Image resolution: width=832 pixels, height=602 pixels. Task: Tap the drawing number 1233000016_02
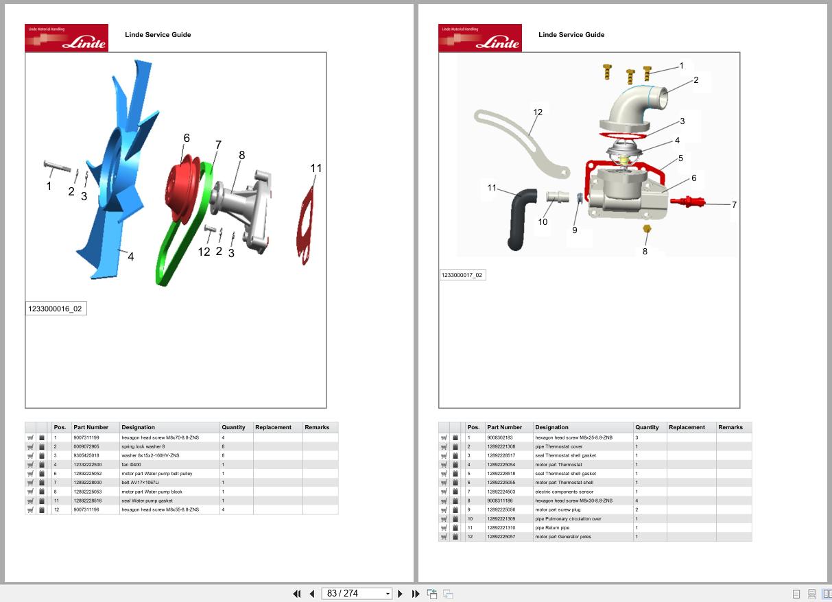[56, 309]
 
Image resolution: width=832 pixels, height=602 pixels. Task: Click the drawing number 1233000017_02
[462, 275]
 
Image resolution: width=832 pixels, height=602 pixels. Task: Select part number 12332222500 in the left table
[87, 465]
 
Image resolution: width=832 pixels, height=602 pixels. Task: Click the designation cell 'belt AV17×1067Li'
[140, 483]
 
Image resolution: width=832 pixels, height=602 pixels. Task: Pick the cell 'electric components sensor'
[564, 492]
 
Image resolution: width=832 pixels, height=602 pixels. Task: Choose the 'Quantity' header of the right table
[647, 427]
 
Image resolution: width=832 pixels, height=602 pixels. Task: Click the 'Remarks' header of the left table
[317, 427]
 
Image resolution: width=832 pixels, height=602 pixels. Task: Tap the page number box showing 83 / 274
[357, 593]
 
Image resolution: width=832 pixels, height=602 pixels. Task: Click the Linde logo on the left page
[67, 38]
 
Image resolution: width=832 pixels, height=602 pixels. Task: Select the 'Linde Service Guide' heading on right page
[571, 34]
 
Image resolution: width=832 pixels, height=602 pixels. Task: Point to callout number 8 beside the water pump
[241, 156]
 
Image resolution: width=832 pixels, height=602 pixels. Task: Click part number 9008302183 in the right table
[499, 437]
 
